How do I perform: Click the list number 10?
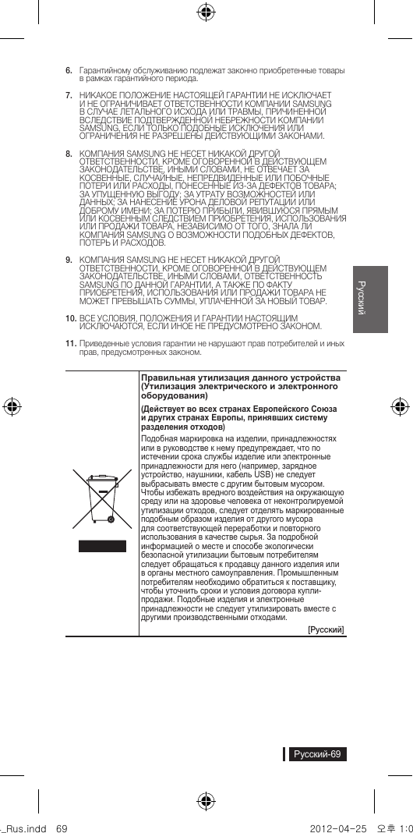pos(69,319)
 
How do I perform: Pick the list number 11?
pos(69,342)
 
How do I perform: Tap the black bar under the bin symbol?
pos(101,545)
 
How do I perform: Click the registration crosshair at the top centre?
pos(206,11)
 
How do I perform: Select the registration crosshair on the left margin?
pos(12,406)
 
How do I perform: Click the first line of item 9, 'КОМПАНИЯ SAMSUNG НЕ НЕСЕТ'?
pos(180,258)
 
